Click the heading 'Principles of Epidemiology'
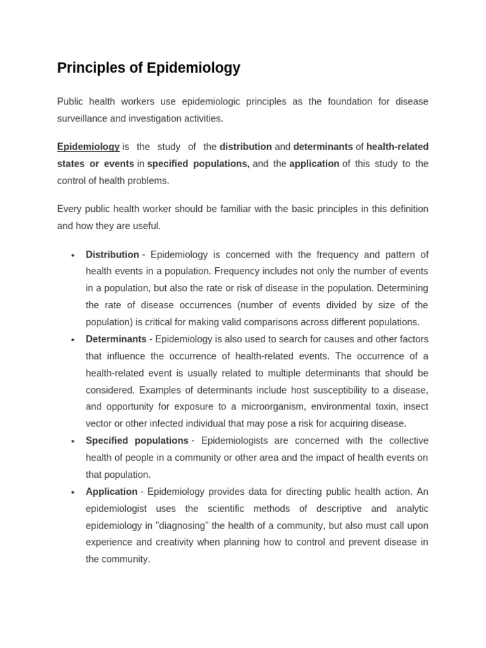149,68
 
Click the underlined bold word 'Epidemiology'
88,147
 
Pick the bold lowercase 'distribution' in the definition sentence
246,147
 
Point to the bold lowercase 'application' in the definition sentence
314,164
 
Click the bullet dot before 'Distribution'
73,256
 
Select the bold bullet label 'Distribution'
112,254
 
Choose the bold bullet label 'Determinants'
116,339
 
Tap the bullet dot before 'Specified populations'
73,442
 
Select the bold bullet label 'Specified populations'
137,440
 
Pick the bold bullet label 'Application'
111,492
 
